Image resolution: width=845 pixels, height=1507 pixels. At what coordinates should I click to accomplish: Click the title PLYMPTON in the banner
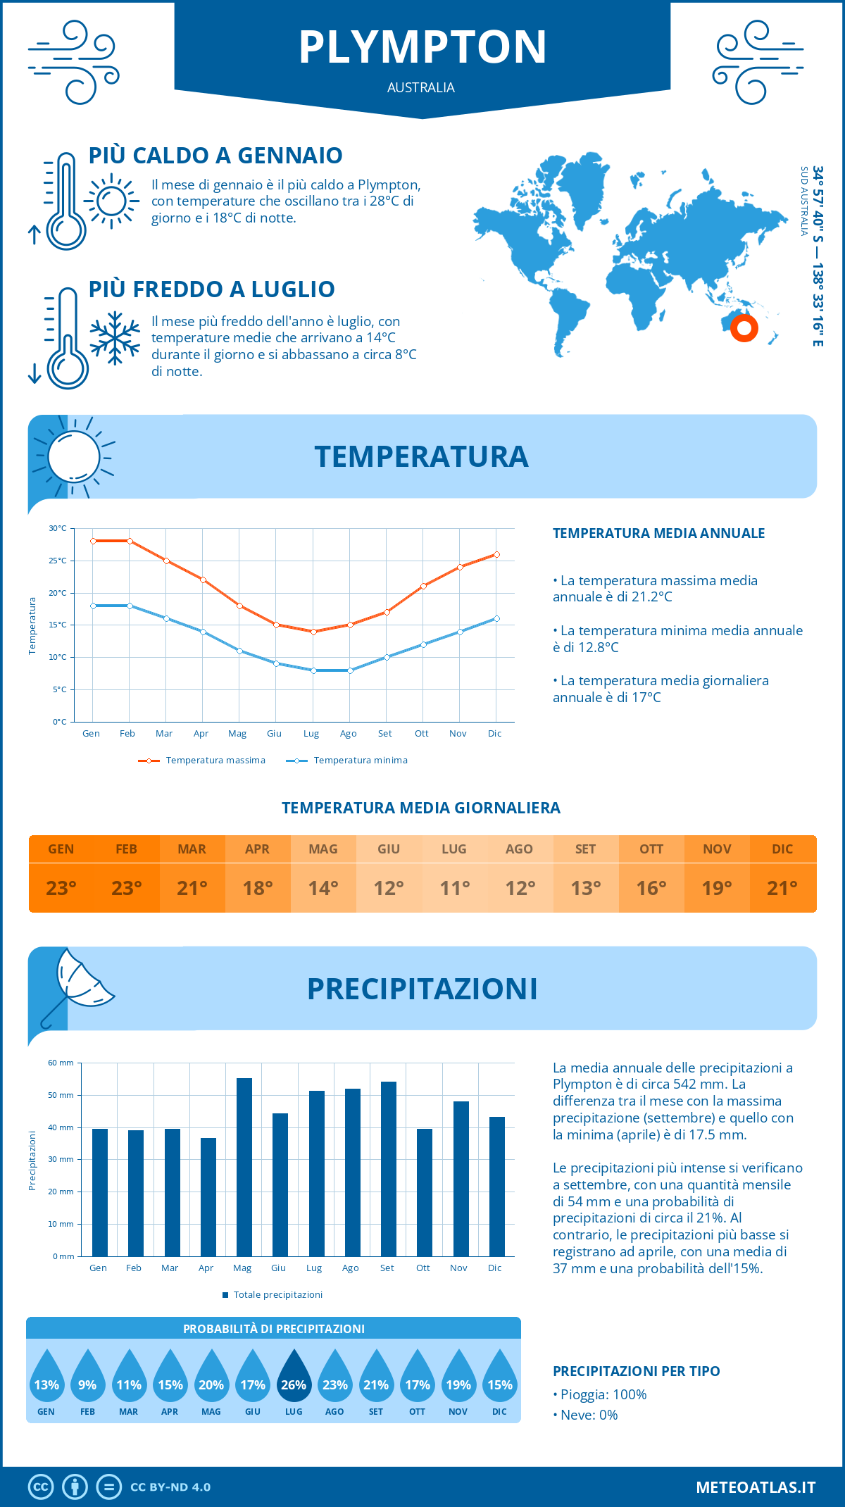tap(423, 47)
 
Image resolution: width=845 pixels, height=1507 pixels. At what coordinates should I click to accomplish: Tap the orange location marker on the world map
tap(744, 328)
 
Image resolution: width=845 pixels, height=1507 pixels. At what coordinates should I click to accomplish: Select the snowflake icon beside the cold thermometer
tap(115, 338)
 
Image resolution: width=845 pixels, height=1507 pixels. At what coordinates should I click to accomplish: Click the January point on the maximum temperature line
tap(93, 541)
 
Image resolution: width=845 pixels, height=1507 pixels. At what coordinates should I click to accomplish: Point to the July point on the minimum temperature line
tap(313, 670)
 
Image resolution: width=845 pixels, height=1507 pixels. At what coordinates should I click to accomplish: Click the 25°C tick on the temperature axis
tap(58, 561)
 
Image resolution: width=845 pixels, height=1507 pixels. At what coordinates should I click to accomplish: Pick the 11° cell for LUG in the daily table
tap(454, 888)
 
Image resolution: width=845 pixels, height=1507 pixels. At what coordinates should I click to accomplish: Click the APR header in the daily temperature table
tap(258, 849)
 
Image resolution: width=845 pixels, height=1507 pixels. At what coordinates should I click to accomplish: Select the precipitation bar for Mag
tap(244, 1167)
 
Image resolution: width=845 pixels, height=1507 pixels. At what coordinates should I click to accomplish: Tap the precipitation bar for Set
tap(389, 1169)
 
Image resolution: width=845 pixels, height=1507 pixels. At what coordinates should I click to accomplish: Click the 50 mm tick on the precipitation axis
tap(61, 1095)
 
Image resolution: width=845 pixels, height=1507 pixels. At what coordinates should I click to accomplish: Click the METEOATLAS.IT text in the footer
tap(756, 1487)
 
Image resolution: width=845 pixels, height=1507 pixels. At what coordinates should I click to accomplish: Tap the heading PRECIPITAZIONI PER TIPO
tap(636, 1371)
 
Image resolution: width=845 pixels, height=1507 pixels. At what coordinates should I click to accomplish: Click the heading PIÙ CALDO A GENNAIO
tap(215, 156)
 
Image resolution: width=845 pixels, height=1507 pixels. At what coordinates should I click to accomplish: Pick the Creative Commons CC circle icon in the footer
tap(41, 1487)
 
